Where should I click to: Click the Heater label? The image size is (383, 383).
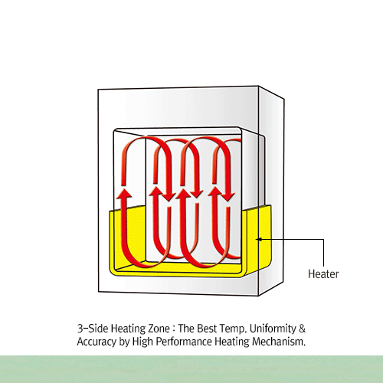tap(323, 274)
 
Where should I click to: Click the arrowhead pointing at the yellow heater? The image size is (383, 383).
tap(259, 239)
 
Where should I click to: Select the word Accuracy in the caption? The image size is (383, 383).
tap(97, 342)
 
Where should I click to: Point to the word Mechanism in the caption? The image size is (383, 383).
tap(279, 342)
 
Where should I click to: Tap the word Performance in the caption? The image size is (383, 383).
tap(184, 342)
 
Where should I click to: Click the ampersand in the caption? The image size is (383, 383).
tap(302, 329)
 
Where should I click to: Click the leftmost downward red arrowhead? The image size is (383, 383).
tap(168, 196)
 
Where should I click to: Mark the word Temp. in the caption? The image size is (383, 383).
tap(233, 329)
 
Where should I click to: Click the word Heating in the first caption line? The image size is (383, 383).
tap(128, 329)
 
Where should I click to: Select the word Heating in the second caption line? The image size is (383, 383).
tap(232, 342)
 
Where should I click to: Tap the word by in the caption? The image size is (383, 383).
tap(124, 342)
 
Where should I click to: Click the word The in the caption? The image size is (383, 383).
tap(186, 329)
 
